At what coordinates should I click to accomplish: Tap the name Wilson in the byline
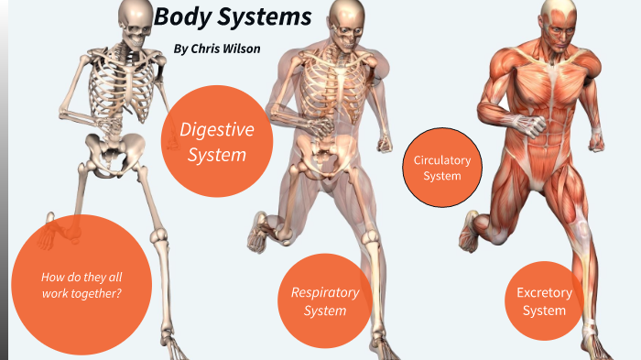(240, 48)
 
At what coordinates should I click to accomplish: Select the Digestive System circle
(217, 141)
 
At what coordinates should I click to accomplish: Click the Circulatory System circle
(442, 168)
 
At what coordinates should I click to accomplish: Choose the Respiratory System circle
(325, 301)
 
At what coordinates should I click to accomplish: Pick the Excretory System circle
(544, 301)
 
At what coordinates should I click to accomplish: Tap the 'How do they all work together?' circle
(81, 285)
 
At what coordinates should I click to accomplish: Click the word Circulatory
(442, 160)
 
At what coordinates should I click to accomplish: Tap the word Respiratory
(325, 292)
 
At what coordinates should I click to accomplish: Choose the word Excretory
(544, 293)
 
